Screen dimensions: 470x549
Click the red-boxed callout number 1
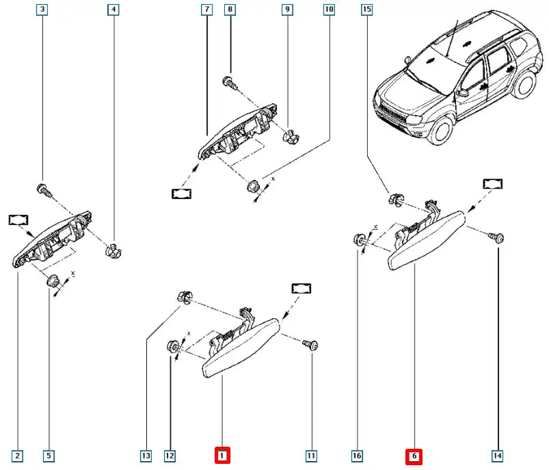(222, 455)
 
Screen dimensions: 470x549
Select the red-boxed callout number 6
(414, 455)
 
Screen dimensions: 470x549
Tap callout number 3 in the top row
(43, 10)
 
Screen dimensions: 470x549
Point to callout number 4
(113, 10)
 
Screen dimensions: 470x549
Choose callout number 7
(206, 10)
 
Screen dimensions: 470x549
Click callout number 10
(330, 10)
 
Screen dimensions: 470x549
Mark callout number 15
(367, 10)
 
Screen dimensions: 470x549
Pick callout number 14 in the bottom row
(497, 455)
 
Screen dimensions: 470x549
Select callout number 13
(146, 455)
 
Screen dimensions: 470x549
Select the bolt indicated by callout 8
(230, 83)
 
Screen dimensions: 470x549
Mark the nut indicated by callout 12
(172, 347)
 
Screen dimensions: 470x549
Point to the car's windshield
(432, 62)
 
